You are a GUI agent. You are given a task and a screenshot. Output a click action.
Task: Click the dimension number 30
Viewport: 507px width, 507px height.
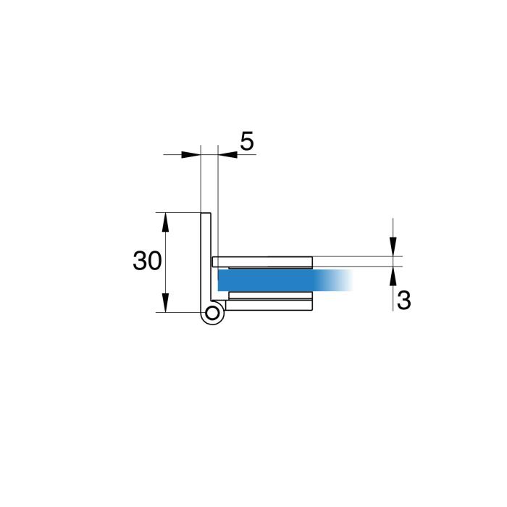(x=147, y=261)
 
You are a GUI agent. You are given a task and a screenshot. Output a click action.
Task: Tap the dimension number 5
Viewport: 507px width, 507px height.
(x=247, y=141)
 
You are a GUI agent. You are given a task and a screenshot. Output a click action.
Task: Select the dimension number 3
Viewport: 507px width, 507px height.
(x=403, y=300)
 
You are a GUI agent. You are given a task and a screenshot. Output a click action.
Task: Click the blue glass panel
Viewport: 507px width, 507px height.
(x=285, y=280)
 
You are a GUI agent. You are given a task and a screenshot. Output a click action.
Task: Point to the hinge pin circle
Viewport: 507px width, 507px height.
(x=212, y=314)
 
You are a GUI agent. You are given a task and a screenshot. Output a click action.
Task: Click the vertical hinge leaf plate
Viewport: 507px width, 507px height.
(x=206, y=259)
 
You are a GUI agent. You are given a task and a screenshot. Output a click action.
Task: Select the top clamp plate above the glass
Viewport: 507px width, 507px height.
(x=262, y=262)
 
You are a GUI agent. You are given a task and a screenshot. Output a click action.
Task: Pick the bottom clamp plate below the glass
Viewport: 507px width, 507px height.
(x=269, y=305)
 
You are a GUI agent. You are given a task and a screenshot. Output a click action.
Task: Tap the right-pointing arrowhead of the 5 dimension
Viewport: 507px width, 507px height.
(x=191, y=154)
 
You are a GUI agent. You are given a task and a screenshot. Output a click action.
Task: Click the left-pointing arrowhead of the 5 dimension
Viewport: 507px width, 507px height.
(x=227, y=154)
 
